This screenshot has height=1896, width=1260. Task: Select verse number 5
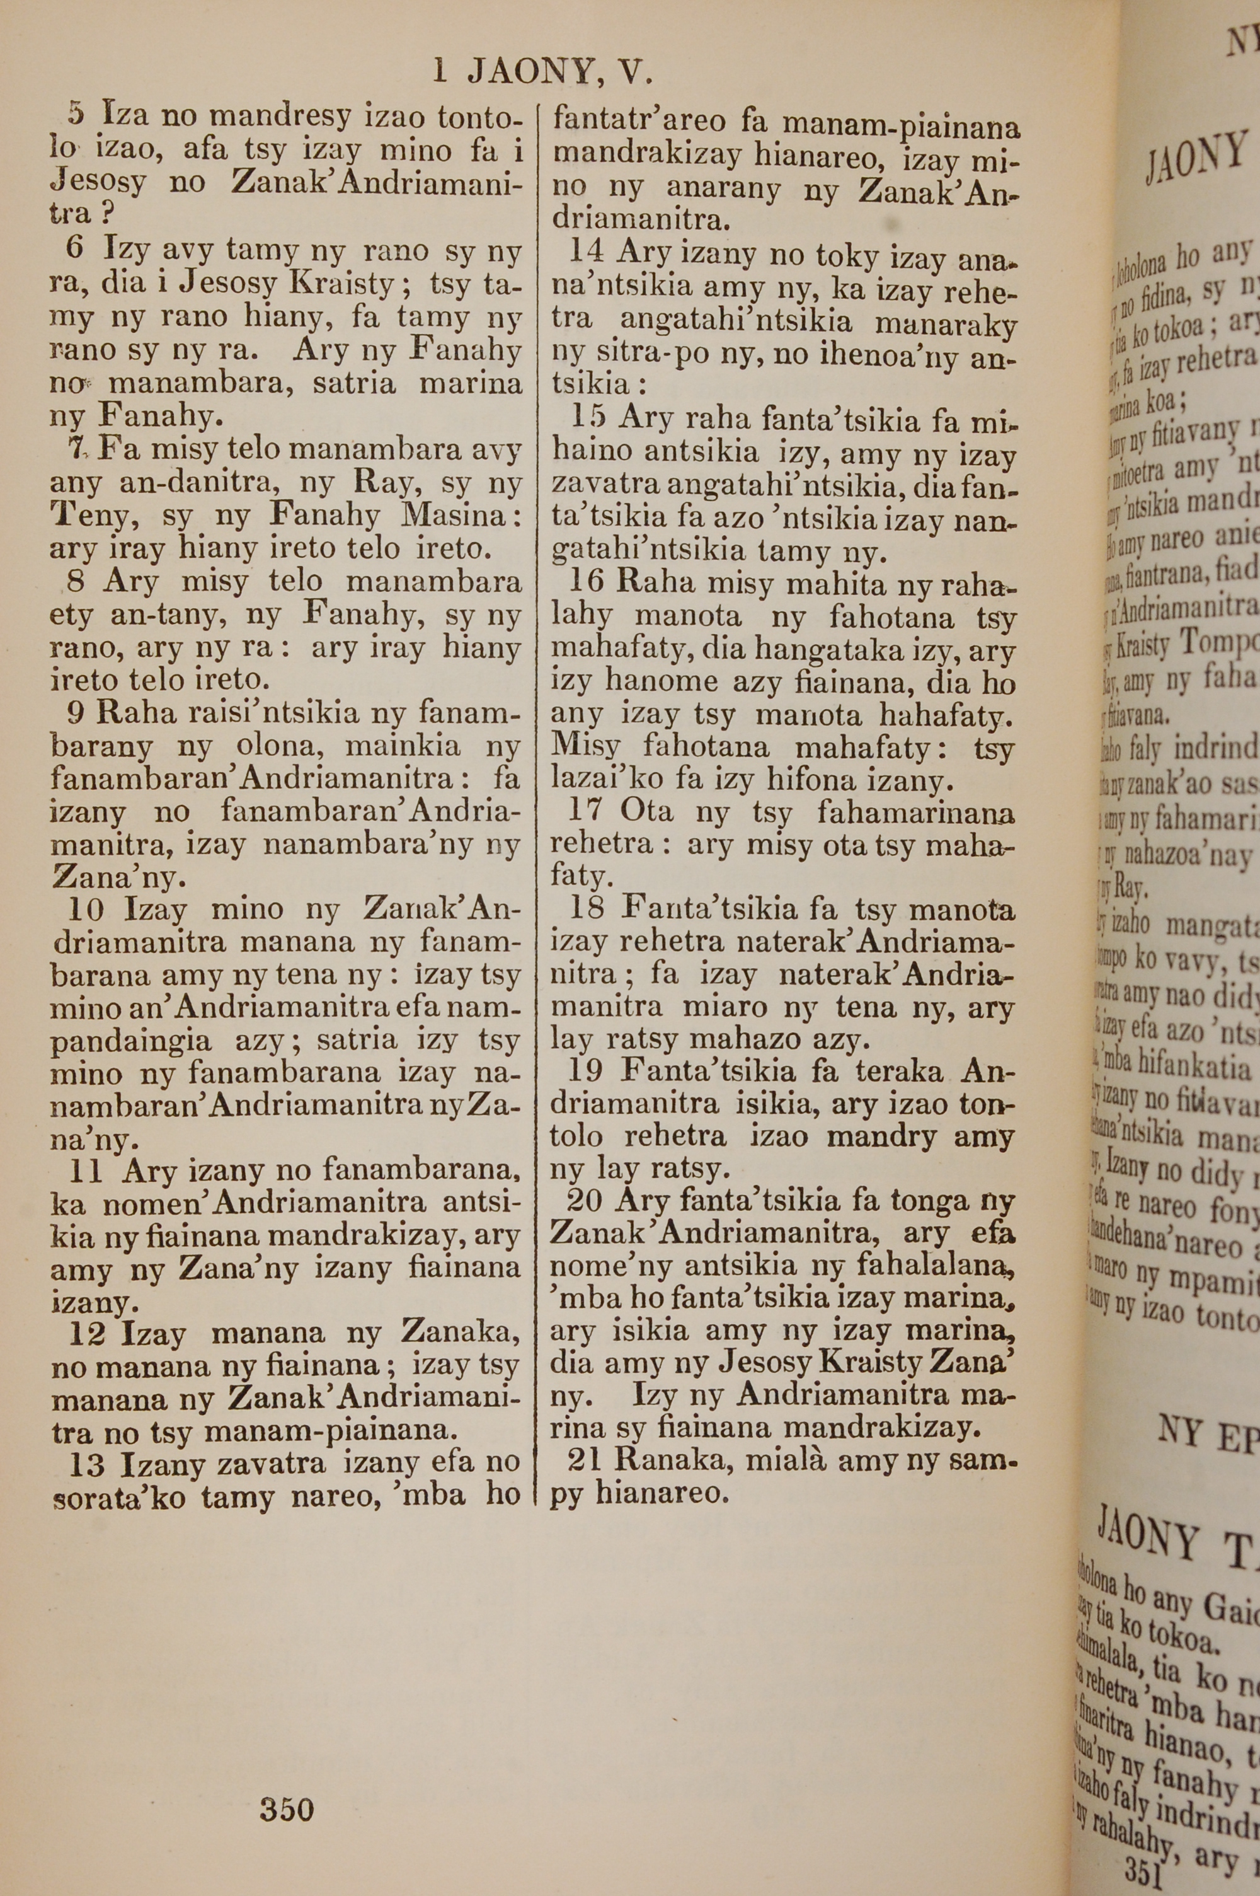76,114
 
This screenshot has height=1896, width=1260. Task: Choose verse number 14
586,251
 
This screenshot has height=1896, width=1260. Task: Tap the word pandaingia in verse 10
131,1042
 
